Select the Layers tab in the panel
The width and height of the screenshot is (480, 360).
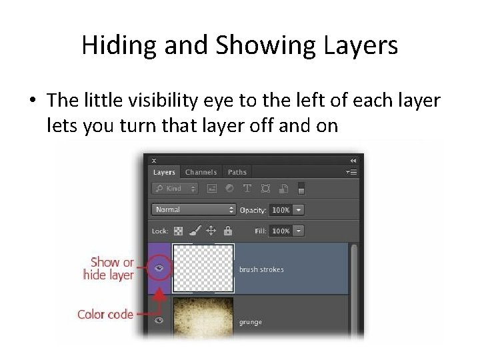[164, 173]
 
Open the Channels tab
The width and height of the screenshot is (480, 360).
[201, 173]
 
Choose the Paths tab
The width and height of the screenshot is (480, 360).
[237, 173]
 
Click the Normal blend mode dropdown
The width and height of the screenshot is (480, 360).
[193, 209]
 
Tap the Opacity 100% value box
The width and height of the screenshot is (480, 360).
[280, 210]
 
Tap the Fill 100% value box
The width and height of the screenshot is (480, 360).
[280, 231]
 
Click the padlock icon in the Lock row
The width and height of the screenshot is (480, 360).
[228, 231]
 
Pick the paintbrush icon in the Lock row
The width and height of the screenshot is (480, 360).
[195, 231]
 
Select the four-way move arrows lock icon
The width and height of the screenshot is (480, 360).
[211, 231]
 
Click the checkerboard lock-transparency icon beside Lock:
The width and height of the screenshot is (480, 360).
[179, 231]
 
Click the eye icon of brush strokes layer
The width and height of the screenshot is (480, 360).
[159, 269]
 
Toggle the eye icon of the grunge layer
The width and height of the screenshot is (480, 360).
[159, 321]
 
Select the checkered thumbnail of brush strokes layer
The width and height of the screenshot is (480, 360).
[203, 268]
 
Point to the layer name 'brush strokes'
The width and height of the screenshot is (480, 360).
[261, 269]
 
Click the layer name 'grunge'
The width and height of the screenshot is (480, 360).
[251, 322]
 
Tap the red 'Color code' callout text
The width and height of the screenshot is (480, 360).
[105, 313]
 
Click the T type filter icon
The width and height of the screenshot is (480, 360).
[247, 189]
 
